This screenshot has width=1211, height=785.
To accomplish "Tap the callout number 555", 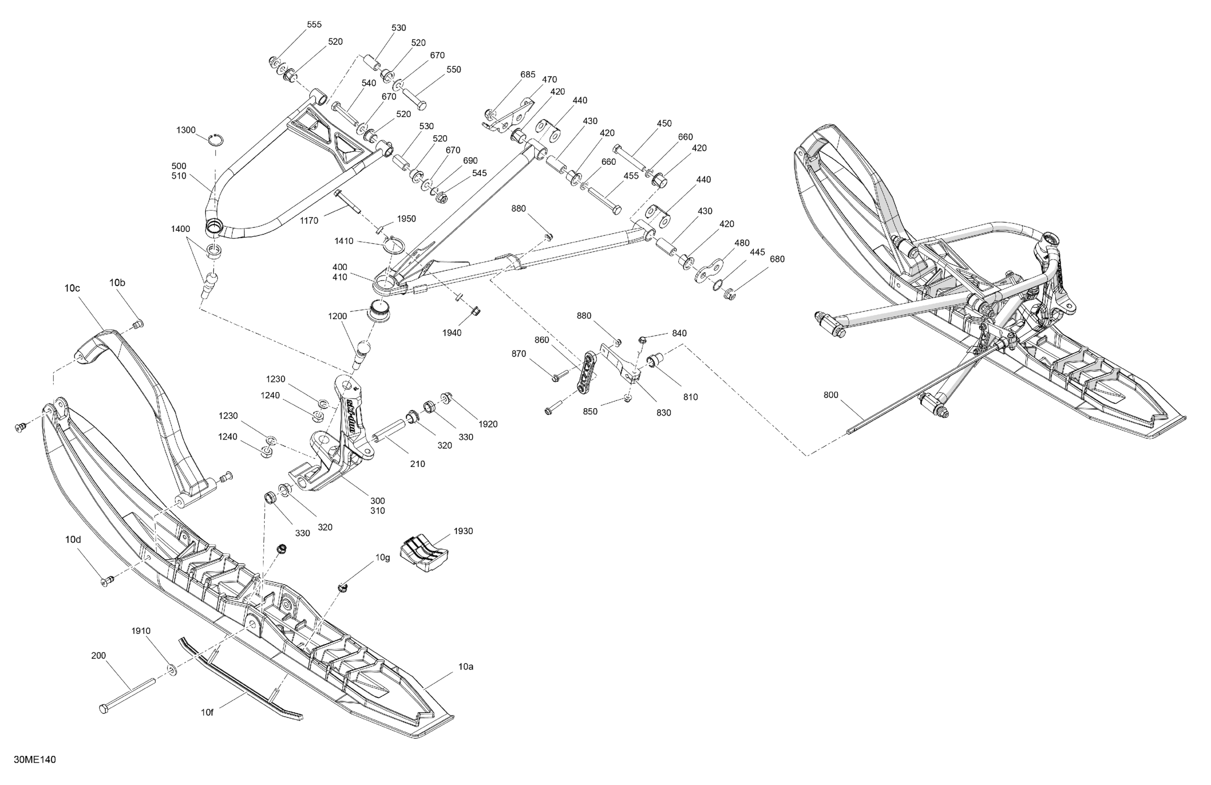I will point(314,24).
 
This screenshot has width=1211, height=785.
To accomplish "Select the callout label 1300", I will point(186,130).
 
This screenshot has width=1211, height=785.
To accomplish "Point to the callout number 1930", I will point(463,531).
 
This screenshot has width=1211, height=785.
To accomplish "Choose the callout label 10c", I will point(72,288).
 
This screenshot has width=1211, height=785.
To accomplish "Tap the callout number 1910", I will point(141,631).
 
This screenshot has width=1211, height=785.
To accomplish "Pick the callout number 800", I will point(830,395).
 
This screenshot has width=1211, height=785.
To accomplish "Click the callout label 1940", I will point(451,333).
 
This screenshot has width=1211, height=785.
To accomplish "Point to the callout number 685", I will point(527,74).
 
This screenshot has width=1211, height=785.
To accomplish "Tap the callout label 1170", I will point(309,220).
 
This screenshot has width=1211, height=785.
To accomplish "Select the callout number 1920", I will point(487,424).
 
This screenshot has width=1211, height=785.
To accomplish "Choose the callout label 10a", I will point(466,666).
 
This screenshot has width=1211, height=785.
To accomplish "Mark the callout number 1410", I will point(344,241).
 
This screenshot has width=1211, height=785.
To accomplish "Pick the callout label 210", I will point(417,464).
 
